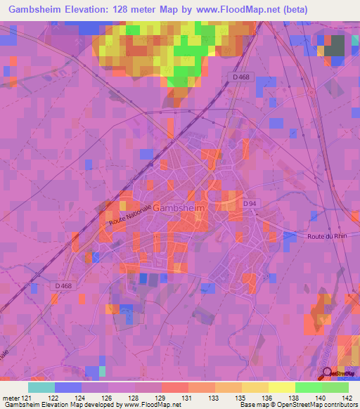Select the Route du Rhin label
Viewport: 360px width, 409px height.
[x=326, y=237]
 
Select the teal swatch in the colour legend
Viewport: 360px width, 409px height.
[x=41, y=387]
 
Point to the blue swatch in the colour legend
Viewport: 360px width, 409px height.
[x=68, y=387]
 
